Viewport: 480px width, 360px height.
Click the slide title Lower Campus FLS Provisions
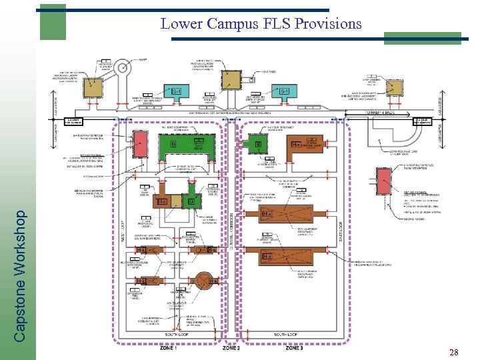tap(261, 24)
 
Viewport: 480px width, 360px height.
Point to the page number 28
tap(454, 351)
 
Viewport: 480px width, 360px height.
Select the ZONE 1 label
tap(168, 348)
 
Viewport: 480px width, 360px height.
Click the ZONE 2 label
tap(231, 348)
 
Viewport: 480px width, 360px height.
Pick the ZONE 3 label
tap(294, 348)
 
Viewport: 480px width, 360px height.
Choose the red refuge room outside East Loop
tap(384, 179)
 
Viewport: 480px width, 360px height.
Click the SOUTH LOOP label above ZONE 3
tap(288, 334)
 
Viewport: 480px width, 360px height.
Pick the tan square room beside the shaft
tap(93, 86)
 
